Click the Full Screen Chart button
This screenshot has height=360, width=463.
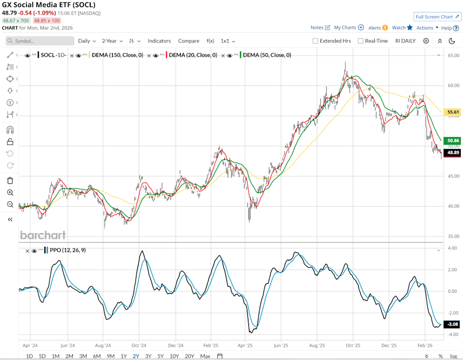click(x=437, y=17)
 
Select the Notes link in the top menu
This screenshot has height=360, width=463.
click(x=320, y=28)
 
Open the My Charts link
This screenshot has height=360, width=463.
click(x=348, y=28)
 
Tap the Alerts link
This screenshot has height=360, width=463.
click(x=378, y=28)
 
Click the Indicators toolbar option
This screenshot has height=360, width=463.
click(x=159, y=41)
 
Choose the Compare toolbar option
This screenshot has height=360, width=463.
click(x=189, y=41)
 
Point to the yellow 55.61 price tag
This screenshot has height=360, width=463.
click(x=453, y=112)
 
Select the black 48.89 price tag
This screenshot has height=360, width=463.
click(x=453, y=152)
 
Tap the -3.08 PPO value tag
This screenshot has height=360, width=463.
click(x=453, y=324)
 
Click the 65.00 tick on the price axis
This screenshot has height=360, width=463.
click(x=453, y=56)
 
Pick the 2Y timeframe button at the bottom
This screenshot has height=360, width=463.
click(x=136, y=356)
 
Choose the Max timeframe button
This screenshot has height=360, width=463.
click(x=205, y=356)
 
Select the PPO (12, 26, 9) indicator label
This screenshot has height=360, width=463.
click(x=68, y=250)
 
